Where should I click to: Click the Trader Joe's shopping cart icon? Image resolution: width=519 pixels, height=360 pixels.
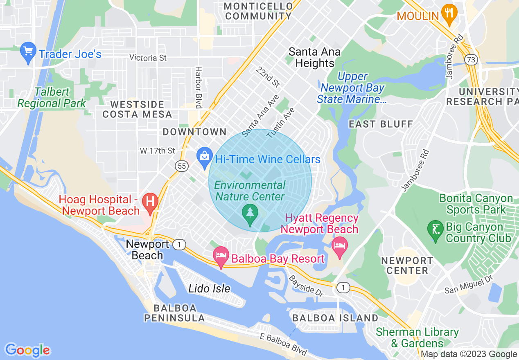click(x=28, y=52)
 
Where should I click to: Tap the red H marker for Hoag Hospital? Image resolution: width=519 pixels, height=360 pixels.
click(x=150, y=202)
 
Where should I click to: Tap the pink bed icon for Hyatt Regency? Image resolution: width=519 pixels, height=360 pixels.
click(x=340, y=247)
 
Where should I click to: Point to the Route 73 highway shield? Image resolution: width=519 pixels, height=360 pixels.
click(x=471, y=60)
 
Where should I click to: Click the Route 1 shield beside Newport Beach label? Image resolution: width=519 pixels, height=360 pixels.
click(x=178, y=245)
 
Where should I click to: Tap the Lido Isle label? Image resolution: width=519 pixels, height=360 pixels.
click(x=209, y=289)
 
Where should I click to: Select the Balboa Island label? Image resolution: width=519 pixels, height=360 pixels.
click(x=335, y=318)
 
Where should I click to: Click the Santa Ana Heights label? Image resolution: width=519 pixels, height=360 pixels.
click(x=314, y=58)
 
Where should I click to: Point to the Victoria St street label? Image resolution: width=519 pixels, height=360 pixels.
click(x=148, y=58)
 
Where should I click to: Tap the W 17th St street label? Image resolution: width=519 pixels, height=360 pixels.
click(x=157, y=151)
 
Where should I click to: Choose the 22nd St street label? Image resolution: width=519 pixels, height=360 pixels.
click(x=268, y=76)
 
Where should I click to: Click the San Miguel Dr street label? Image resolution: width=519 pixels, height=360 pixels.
click(x=469, y=285)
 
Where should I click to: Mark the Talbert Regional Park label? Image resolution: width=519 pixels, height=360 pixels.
click(x=52, y=98)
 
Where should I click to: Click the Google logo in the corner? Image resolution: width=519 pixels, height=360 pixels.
click(x=27, y=350)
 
